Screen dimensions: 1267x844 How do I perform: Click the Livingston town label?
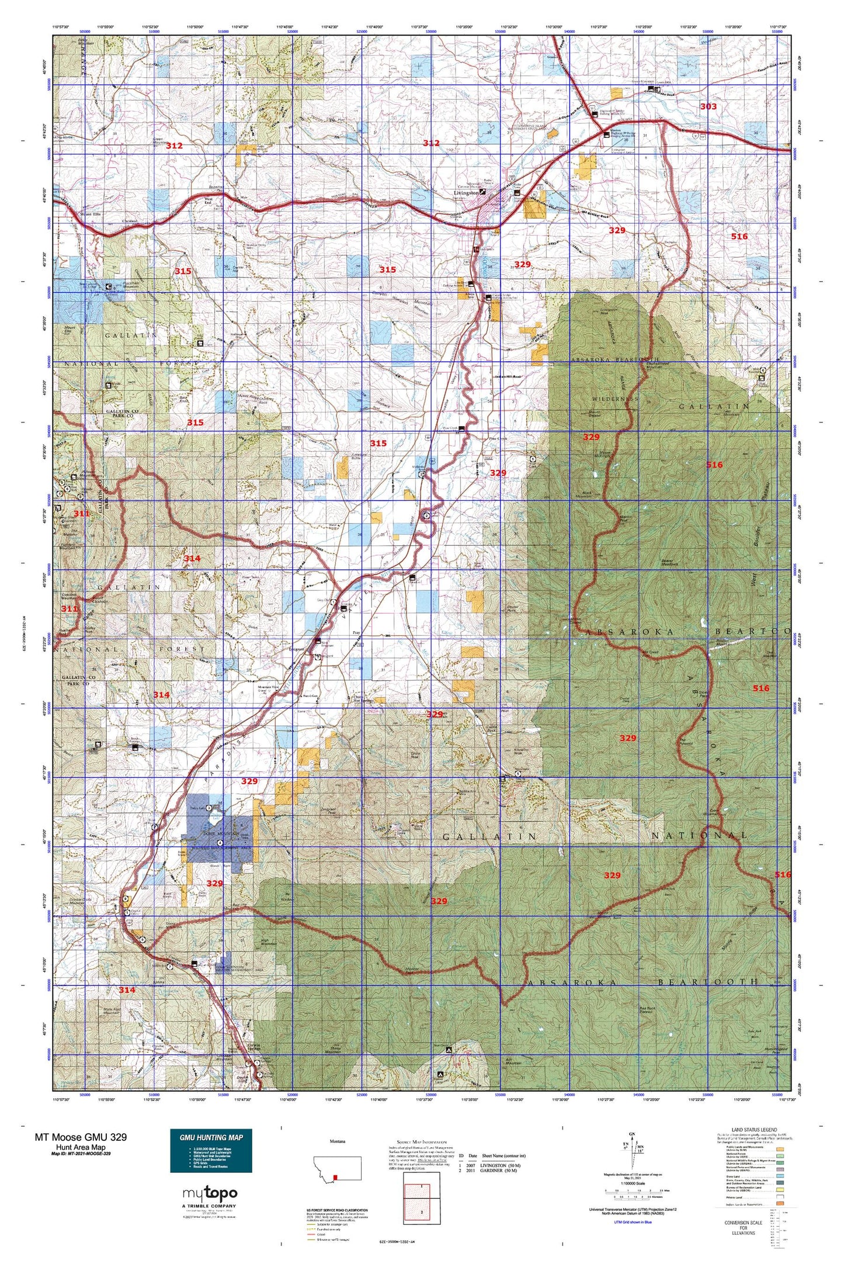pyautogui.click(x=466, y=192)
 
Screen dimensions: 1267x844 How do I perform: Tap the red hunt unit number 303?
pyautogui.click(x=708, y=106)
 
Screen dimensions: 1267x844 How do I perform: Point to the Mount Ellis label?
pyautogui.click(x=74, y=214)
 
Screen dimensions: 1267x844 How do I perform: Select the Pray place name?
pyautogui.click(x=357, y=633)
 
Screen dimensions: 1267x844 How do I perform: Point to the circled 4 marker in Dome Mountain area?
pyautogui.click(x=220, y=842)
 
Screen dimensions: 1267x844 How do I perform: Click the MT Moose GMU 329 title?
pyautogui.click(x=80, y=1137)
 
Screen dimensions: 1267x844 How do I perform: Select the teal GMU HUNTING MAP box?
pyautogui.click(x=211, y=1150)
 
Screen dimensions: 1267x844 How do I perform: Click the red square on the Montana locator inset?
pyautogui.click(x=335, y=1177)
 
